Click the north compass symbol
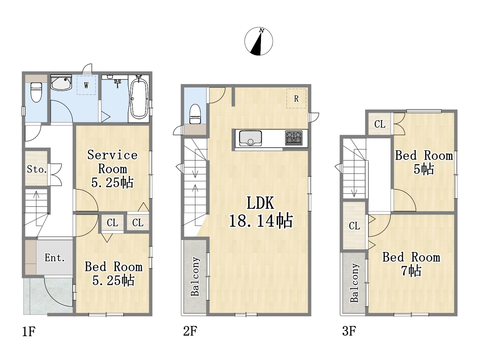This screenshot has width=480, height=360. tap(258, 41)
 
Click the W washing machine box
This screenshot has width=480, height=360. tap(86, 85)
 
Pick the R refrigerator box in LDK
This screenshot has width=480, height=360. tap(296, 98)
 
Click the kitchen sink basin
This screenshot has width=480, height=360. tap(250, 138)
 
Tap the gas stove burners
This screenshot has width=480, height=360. tap(294, 138)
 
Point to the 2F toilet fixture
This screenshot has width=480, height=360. tap(195, 114)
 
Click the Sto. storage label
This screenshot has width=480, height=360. tap(37, 169)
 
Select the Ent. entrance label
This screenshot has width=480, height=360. tap(55, 258)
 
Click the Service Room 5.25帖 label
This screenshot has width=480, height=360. tap(112, 169)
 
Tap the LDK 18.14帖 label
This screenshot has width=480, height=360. tap(261, 212)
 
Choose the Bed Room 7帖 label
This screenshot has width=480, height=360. tap(411, 264)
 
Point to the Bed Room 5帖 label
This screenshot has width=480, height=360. tap(424, 162)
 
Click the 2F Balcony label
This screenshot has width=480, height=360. tap(195, 276)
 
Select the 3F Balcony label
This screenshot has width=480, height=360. tap(354, 283)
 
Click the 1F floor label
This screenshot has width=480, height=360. tap(28, 331)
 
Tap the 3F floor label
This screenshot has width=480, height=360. tap(349, 331)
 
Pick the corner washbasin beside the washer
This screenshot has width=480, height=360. tap(61, 82)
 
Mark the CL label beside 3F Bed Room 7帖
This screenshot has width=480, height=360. tap(354, 226)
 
